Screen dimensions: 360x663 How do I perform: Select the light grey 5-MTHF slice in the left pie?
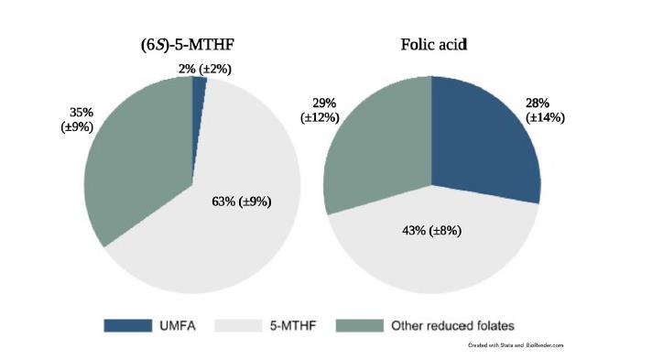[x=220, y=229]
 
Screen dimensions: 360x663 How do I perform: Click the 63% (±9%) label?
[x=242, y=201]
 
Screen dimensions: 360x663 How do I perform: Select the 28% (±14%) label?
[x=545, y=110]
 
